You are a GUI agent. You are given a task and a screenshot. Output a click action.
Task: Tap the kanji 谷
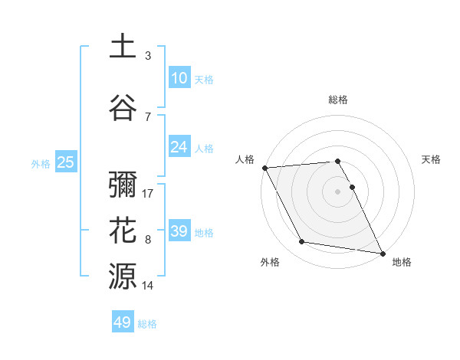point(123,108)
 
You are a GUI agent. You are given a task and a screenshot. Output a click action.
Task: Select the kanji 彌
point(123,185)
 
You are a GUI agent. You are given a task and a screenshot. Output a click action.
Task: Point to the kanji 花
point(123,230)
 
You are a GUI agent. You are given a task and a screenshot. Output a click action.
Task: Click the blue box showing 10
point(179,78)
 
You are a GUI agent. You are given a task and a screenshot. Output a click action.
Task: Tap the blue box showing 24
point(179,147)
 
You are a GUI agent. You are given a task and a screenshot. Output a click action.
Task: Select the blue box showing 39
point(179,231)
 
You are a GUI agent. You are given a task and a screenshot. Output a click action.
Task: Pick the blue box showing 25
point(66,162)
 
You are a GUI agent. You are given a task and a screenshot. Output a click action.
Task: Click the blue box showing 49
point(123,322)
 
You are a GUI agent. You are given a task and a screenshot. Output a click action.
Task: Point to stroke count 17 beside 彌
point(149,194)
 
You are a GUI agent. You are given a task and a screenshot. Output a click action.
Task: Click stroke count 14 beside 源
point(149,286)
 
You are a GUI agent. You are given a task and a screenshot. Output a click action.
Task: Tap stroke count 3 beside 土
point(148,56)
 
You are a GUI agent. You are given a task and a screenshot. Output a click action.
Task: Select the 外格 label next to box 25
point(41,163)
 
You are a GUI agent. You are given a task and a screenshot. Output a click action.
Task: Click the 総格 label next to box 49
point(147,324)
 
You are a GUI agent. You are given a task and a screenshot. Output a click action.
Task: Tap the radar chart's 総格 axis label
point(338,100)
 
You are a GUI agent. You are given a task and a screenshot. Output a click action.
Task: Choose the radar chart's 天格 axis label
point(432,159)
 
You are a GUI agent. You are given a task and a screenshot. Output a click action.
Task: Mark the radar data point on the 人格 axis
point(264,168)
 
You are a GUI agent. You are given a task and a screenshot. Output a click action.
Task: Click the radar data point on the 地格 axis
point(382,253)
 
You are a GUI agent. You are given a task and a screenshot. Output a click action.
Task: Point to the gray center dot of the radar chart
point(338,191)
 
